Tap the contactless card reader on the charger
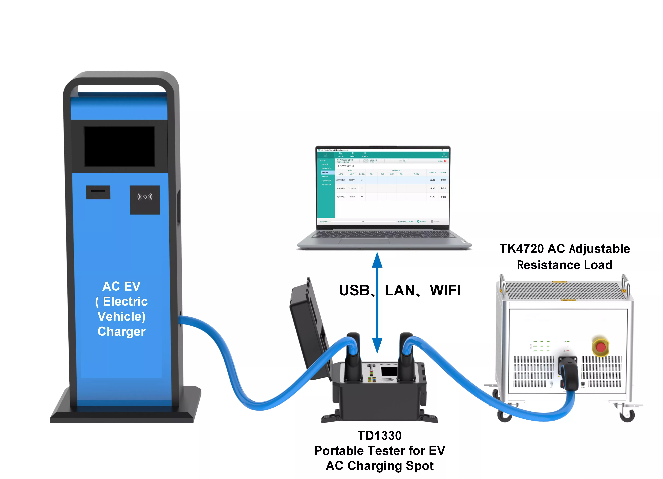pyautogui.click(x=145, y=200)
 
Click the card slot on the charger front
pyautogui.click(x=98, y=192)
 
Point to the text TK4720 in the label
pyautogui.click(x=522, y=249)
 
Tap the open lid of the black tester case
pyautogui.click(x=310, y=327)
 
